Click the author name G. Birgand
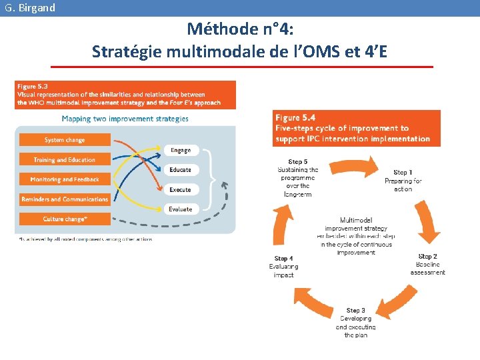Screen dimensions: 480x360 [x=29, y=8]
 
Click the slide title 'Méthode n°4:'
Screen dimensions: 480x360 [x=241, y=29]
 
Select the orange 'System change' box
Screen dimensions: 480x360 [x=65, y=140]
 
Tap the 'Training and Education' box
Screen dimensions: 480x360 [x=65, y=160]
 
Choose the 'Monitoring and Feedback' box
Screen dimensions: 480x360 [x=65, y=179]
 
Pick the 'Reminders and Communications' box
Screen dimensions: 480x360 [x=65, y=199]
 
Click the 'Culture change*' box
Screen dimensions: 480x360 [x=65, y=219]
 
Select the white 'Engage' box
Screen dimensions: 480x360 [x=181, y=151]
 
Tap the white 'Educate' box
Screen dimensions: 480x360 [x=181, y=170]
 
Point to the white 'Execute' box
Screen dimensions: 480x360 [x=181, y=190]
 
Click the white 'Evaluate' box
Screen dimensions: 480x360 [x=181, y=209]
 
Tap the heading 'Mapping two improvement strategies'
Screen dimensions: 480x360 [x=125, y=119]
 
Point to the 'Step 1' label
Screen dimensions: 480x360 [x=403, y=173]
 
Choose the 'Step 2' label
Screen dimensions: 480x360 [x=427, y=257]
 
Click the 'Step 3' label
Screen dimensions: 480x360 [x=355, y=311]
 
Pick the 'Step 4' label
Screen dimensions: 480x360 [x=283, y=259]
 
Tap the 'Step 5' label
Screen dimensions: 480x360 [x=297, y=162]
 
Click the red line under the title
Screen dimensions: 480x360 [x=241, y=67]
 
